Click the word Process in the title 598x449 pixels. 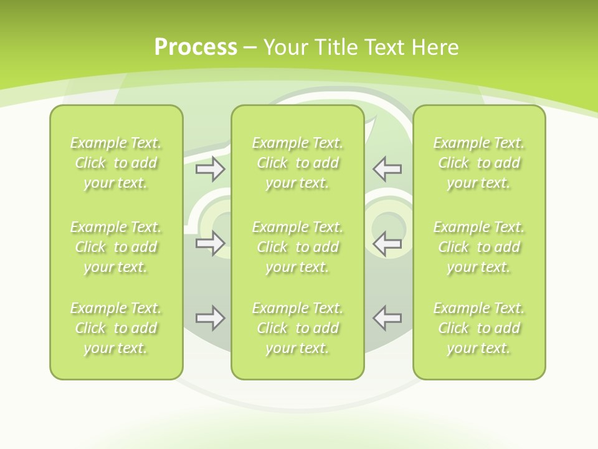[x=196, y=47]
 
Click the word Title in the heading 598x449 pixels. [x=336, y=47]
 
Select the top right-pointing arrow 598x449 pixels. [x=211, y=168]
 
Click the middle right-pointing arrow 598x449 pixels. [x=211, y=243]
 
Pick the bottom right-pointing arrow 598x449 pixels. [x=211, y=318]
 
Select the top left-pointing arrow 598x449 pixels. [x=387, y=168]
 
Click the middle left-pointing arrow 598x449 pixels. [x=387, y=243]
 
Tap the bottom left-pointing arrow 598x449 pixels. [x=387, y=318]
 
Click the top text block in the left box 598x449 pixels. [x=116, y=163]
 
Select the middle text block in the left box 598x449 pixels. [x=116, y=247]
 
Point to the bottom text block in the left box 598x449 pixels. [x=116, y=328]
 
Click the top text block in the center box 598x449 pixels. [x=297, y=163]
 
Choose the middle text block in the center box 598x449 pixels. [x=297, y=247]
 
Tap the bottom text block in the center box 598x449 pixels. [x=297, y=328]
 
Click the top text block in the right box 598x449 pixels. [x=478, y=163]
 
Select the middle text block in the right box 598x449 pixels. [x=478, y=247]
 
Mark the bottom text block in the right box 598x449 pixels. [x=478, y=328]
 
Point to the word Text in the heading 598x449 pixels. [x=385, y=47]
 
